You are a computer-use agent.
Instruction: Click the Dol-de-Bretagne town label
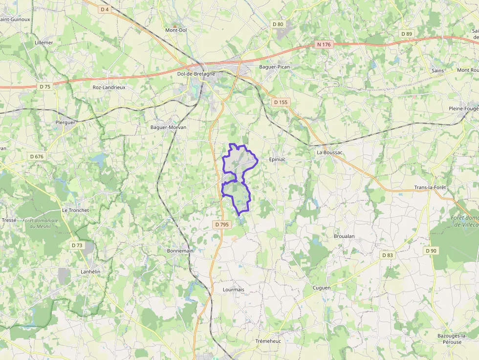coord(196,74)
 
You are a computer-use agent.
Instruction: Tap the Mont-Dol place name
coord(176,30)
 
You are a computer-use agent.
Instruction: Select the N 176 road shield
coord(324,44)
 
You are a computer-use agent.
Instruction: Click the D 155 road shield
coord(281,102)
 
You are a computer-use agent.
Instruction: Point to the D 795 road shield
coord(221,224)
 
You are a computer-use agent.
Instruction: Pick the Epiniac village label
coord(277,159)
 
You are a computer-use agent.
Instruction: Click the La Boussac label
coord(330,152)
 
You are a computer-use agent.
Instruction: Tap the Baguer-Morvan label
coord(168,127)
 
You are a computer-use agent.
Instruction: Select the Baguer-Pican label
coord(275,66)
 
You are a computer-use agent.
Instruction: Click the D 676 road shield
coord(37,156)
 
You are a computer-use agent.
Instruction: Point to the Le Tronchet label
coord(76,210)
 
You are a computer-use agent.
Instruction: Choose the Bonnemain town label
coord(180,251)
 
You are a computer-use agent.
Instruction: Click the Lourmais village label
coord(233,289)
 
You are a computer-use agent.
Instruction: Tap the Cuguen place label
coord(322,288)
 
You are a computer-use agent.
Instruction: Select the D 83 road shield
coord(388,255)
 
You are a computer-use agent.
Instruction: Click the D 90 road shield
coord(431,251)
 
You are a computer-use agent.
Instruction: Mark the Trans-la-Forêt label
coord(430,188)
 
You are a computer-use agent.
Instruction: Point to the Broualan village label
coord(344,236)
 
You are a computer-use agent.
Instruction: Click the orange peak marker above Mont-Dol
coord(174,24)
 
